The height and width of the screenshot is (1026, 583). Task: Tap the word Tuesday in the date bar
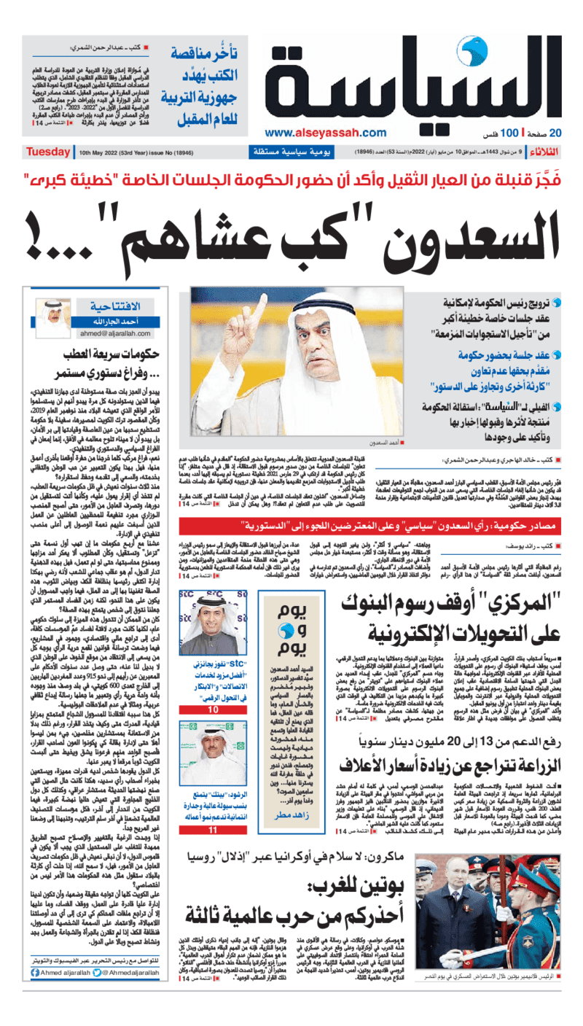point(47,152)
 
